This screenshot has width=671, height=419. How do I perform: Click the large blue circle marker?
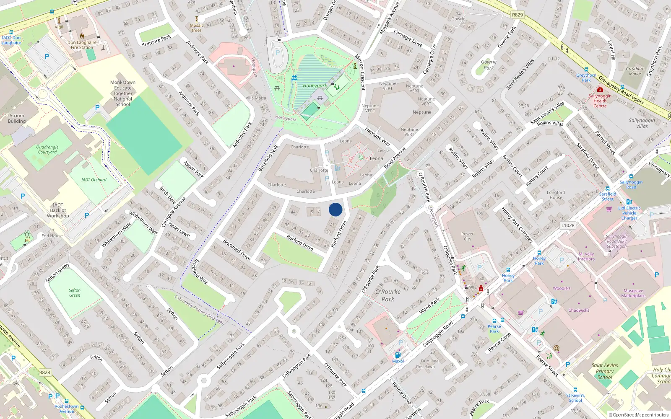[335, 209]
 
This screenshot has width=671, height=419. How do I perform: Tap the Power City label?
[467, 236]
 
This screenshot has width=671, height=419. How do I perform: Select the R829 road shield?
[518, 15]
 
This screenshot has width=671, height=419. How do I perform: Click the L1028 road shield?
[568, 225]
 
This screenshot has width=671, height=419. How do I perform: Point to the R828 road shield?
[45, 372]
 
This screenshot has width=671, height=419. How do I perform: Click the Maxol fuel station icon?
[398, 355]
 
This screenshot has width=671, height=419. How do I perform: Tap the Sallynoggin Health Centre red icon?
[600, 90]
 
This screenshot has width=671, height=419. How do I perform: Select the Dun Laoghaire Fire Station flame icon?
[82, 36]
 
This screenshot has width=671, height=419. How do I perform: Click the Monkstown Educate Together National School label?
[123, 93]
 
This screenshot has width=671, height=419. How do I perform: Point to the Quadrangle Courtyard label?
[47, 150]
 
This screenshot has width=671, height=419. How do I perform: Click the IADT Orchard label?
[94, 180]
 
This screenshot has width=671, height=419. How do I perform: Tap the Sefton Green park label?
[75, 292]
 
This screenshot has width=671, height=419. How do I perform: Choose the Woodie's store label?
[562, 288]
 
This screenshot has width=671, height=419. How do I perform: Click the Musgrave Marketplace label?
[633, 293]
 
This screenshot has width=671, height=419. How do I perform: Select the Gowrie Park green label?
[489, 65]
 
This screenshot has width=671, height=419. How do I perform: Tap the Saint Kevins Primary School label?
[605, 371]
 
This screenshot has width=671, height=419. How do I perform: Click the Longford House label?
[556, 195]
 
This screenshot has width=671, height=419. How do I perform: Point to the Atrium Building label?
[17, 118]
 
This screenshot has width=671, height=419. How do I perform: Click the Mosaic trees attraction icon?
[197, 19]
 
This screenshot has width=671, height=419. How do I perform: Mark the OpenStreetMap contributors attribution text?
[639, 415]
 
